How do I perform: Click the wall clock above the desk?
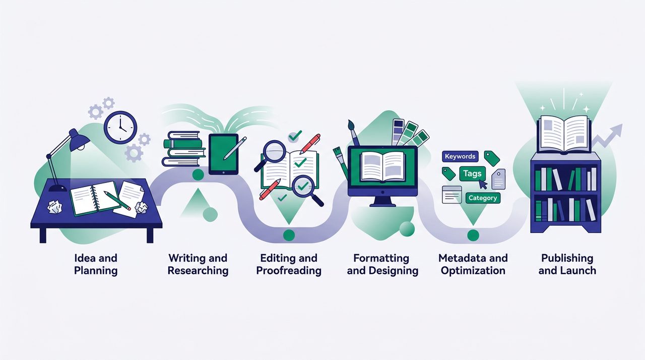coord(120,128)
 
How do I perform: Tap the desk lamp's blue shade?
coord(79,140)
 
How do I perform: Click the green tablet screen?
coord(223,154)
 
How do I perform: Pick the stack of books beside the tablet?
coord(184,149)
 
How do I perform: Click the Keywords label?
coord(460,156)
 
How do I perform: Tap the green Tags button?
coord(472,173)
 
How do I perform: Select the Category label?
coord(483,198)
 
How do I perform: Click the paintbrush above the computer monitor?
coord(353,133)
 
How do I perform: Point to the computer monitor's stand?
coord(382,202)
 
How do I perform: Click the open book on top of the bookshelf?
coord(564,134)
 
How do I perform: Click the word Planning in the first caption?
coord(96,271)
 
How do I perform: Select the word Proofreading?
coord(289,271)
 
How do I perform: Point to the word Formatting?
coord(381,258)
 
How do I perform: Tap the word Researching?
coord(198,271)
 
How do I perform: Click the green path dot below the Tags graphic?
coord(473,235)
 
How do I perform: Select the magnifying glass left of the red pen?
coord(270,155)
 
